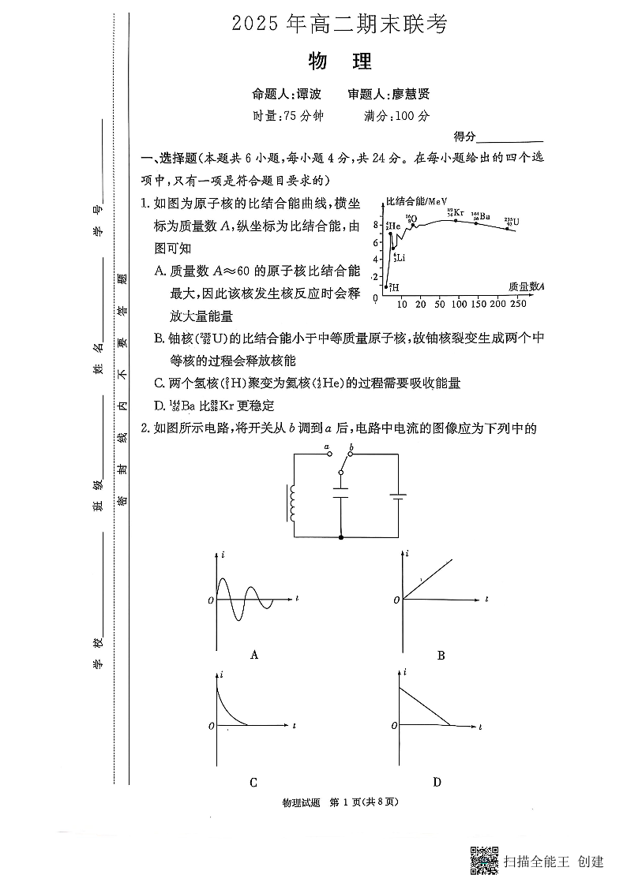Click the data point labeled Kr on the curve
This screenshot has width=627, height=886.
click(x=455, y=220)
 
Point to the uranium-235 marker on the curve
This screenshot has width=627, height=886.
click(x=507, y=228)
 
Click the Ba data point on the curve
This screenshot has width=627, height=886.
click(x=475, y=223)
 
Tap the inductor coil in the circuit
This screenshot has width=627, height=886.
click(x=294, y=503)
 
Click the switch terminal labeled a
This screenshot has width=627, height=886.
click(x=329, y=455)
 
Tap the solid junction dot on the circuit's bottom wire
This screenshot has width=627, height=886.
click(x=340, y=537)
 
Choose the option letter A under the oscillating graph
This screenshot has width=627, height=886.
click(x=253, y=654)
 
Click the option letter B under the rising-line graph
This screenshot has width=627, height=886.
click(x=441, y=655)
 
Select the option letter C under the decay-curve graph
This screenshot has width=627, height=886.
click(x=253, y=783)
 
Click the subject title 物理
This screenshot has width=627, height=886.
click(x=340, y=61)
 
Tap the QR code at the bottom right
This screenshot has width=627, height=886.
click(x=484, y=861)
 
